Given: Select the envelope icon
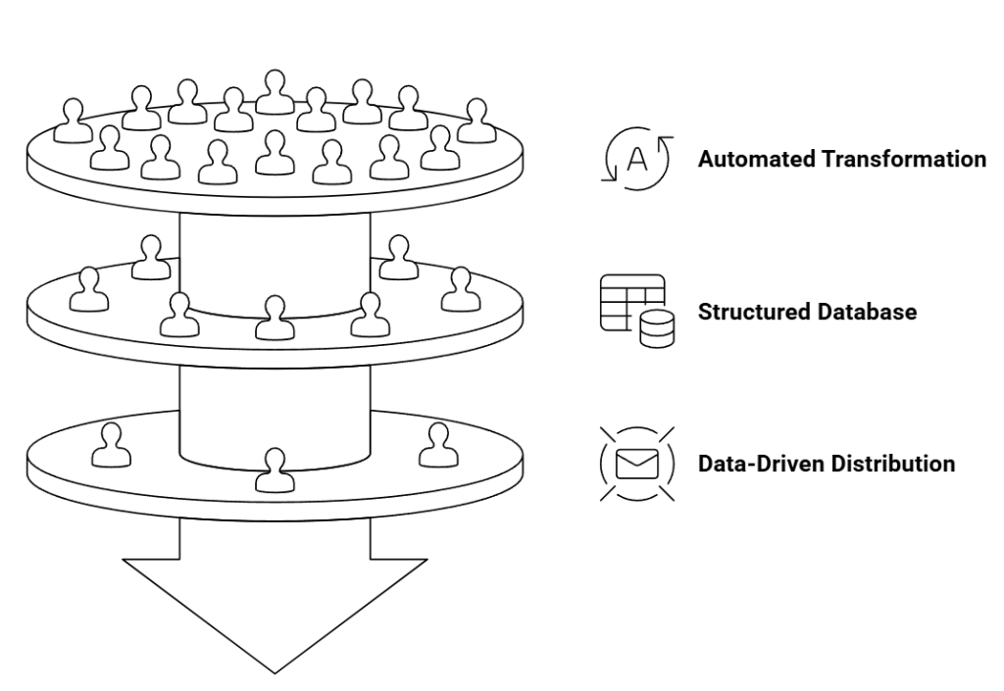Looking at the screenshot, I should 636,464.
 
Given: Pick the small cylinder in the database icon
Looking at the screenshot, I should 656,330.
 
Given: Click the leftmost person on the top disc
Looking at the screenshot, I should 72,121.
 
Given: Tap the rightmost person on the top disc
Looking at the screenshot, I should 477,122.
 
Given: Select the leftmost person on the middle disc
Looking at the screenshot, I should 89,289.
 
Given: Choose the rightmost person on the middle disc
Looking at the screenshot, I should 457,289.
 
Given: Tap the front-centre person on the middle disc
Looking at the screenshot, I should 274,318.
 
